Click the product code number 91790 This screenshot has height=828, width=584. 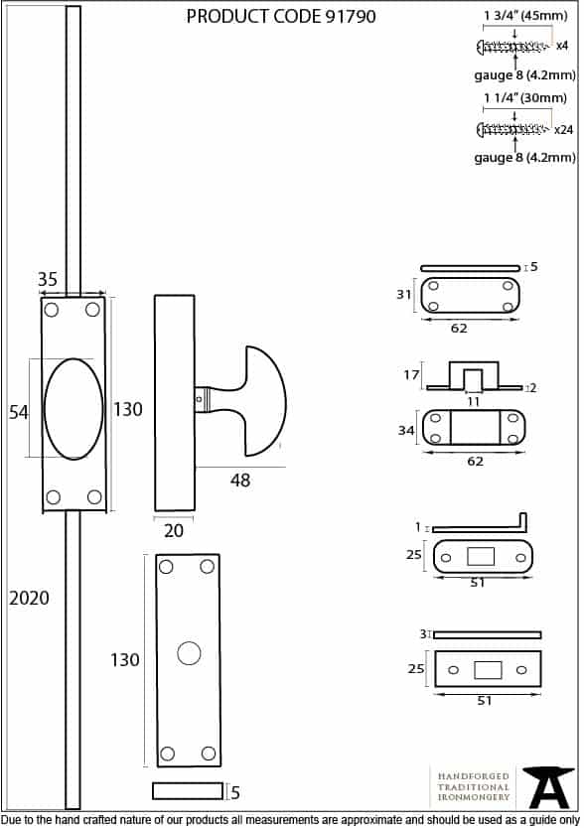pyautogui.click(x=350, y=16)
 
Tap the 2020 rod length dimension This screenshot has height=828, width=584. pyautogui.click(x=29, y=599)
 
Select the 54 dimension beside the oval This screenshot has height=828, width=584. pyautogui.click(x=19, y=412)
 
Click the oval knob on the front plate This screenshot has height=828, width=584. pyautogui.click(x=73, y=409)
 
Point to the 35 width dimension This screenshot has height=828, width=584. pyautogui.click(x=48, y=279)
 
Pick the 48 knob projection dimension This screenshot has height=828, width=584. pyautogui.click(x=240, y=480)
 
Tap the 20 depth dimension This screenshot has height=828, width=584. pyautogui.click(x=174, y=530)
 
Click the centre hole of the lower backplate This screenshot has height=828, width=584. pyautogui.click(x=189, y=653)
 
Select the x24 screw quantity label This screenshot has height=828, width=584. pyautogui.click(x=563, y=130)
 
